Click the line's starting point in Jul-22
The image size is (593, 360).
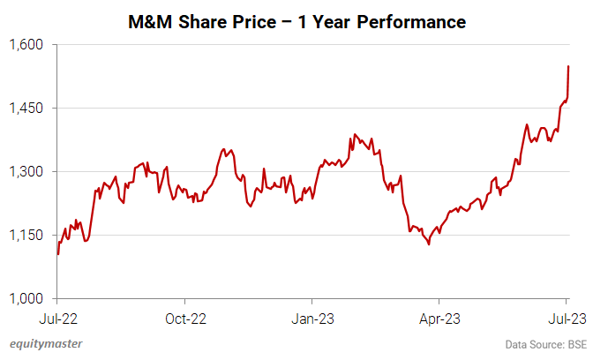click(58, 253)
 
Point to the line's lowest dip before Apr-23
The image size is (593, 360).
click(429, 244)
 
